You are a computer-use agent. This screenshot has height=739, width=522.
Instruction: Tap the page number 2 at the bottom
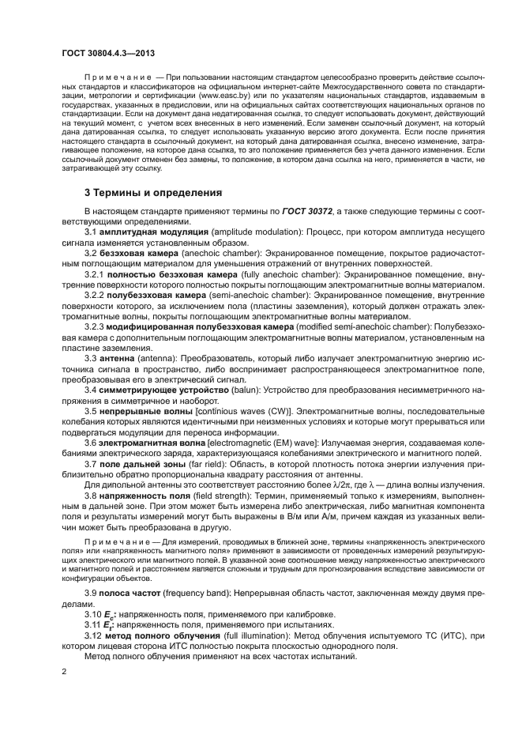[x=64, y=671]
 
